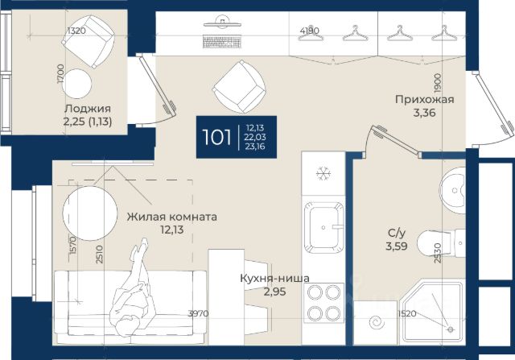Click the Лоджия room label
(88, 109)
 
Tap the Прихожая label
(424, 99)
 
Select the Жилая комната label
(171, 217)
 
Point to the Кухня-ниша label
(274, 278)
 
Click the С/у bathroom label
(397, 233)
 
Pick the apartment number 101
(216, 137)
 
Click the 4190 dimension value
(309, 31)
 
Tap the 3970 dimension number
(198, 313)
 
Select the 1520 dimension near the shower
(407, 313)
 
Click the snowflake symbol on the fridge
(323, 173)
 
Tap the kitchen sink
(323, 227)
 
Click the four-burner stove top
(323, 303)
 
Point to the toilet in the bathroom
(441, 243)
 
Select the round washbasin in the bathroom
(452, 190)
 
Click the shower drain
(451, 329)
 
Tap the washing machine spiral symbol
(377, 322)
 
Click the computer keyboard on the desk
(222, 42)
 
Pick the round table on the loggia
(77, 84)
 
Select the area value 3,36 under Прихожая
(424, 113)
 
